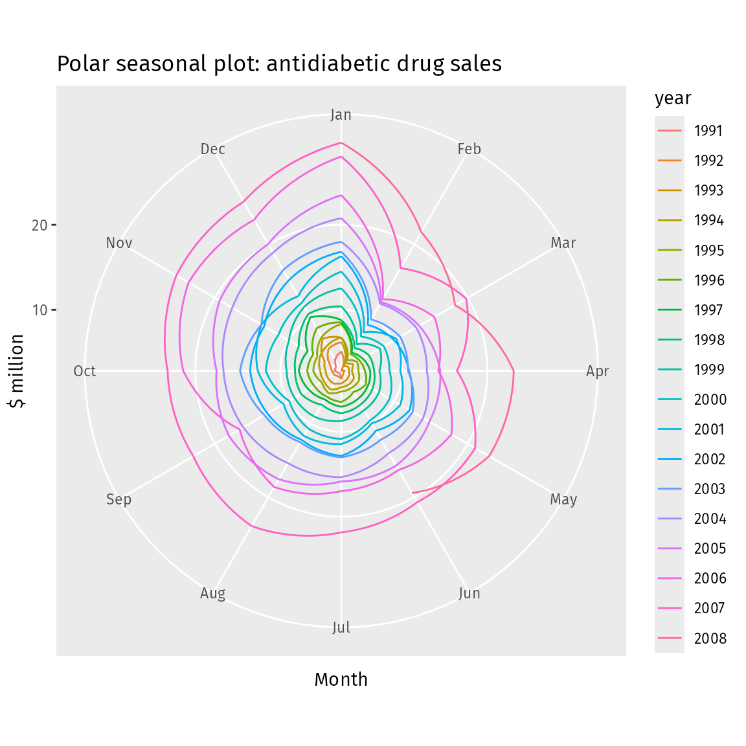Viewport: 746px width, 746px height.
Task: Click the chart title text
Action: pyautogui.click(x=279, y=64)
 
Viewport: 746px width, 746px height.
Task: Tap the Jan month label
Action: pyautogui.click(x=341, y=115)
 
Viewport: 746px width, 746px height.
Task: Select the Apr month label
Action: pyautogui.click(x=597, y=371)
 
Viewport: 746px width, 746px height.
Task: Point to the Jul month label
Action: pyautogui.click(x=341, y=627)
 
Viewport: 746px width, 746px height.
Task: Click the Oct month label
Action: pyautogui.click(x=85, y=371)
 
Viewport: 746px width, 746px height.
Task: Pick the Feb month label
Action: pyautogui.click(x=469, y=149)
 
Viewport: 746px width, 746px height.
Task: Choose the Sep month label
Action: pyautogui.click(x=119, y=499)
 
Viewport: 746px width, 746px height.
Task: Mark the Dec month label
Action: pyautogui.click(x=212, y=149)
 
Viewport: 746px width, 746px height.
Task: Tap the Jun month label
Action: pyautogui.click(x=469, y=593)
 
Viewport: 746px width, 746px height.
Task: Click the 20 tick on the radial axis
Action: pyautogui.click(x=40, y=225)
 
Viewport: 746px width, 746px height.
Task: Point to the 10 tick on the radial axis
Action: pyautogui.click(x=40, y=310)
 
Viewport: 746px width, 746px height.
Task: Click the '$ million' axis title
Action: pyautogui.click(x=17, y=371)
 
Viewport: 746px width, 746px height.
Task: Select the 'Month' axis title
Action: pyautogui.click(x=341, y=679)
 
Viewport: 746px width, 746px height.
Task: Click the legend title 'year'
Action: pyautogui.click(x=673, y=98)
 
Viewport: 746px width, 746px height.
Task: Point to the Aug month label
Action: pyautogui.click(x=212, y=593)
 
